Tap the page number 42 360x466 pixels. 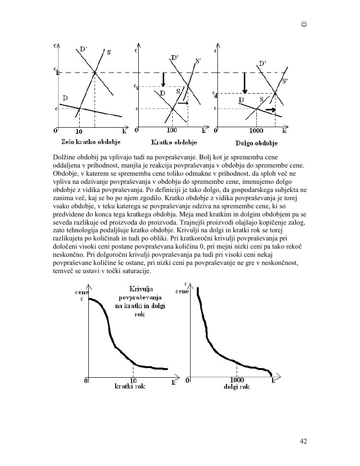(x=303, y=441)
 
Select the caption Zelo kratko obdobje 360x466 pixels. (x=91, y=142)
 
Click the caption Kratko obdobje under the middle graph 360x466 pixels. (x=174, y=142)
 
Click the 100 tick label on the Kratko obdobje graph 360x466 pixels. (x=172, y=131)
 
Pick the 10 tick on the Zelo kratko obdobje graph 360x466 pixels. (x=79, y=131)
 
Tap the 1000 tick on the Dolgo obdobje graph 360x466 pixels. (x=256, y=131)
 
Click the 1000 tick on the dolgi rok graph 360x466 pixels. (x=237, y=380)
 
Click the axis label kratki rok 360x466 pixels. (x=130, y=386)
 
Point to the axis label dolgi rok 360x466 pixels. (x=237, y=386)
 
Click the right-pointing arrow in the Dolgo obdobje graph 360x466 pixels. (x=271, y=110)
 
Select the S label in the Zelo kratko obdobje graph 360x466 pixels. (x=109, y=52)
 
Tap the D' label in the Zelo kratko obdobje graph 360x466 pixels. (x=83, y=49)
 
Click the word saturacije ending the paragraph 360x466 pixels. (x=137, y=271)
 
